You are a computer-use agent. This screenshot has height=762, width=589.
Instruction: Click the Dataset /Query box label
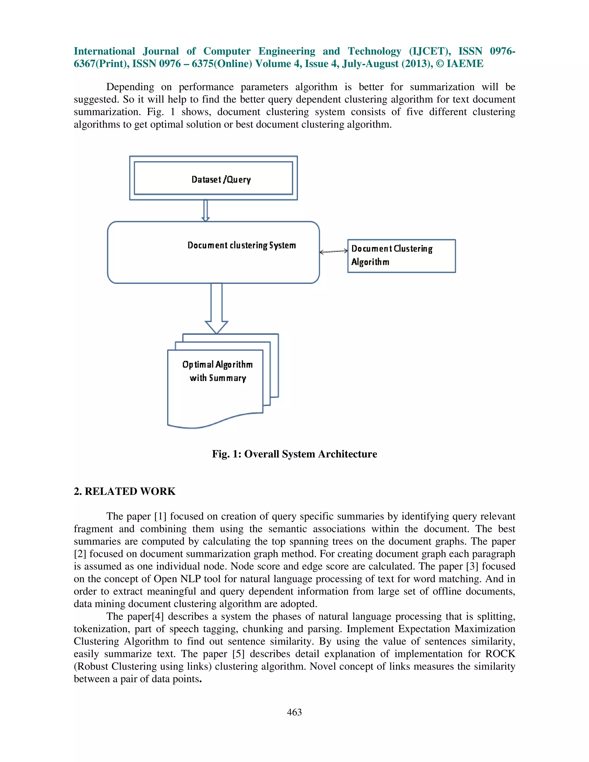pyautogui.click(x=221, y=179)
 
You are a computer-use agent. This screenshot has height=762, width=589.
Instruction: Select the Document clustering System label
pyautogui.click(x=242, y=245)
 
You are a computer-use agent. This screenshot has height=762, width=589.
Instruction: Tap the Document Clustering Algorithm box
pyautogui.click(x=401, y=256)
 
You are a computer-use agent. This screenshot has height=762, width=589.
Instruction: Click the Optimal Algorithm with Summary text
pyautogui.click(x=217, y=371)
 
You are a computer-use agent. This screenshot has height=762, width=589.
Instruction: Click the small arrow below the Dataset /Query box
pyautogui.click(x=206, y=210)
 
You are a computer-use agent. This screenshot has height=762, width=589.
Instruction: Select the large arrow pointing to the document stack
pyautogui.click(x=216, y=309)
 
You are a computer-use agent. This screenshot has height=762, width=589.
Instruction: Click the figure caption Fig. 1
pyautogui.click(x=294, y=454)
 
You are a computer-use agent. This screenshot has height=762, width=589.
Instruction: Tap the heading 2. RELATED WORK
pyautogui.click(x=125, y=491)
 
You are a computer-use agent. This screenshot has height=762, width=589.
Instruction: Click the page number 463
pyautogui.click(x=294, y=712)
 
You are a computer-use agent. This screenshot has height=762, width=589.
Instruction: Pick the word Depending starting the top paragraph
pyautogui.click(x=130, y=87)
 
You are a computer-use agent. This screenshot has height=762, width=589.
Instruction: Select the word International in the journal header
pyautogui.click(x=104, y=51)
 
